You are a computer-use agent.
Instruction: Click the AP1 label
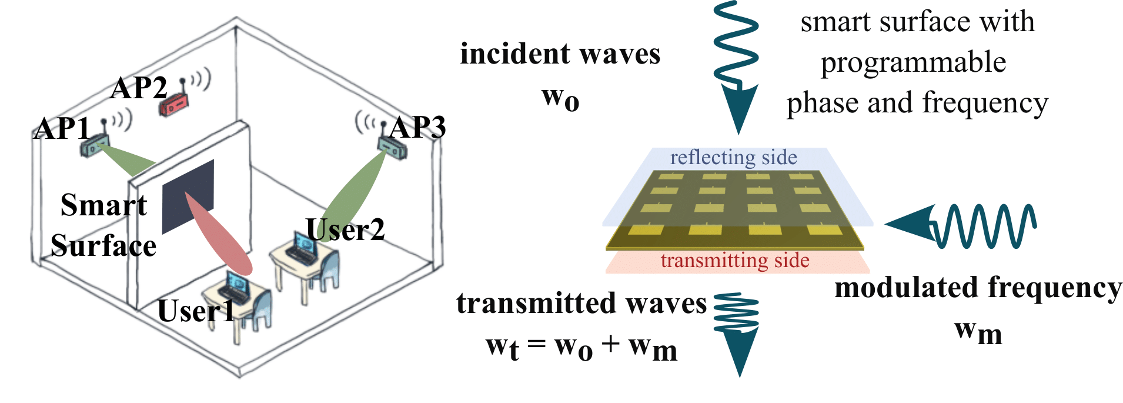[62, 128]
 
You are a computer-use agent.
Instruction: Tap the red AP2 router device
[173, 106]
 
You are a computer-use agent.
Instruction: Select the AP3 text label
[418, 128]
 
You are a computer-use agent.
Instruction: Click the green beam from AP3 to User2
[356, 191]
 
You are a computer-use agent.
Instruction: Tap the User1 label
[196, 311]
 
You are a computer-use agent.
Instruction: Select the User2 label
[346, 229]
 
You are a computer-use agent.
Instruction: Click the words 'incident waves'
[560, 54]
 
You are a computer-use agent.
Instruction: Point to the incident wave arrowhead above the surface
[738, 109]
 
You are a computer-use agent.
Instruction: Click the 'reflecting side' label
[733, 158]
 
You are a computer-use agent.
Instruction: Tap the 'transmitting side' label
[734, 261]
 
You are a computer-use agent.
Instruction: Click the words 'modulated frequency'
[978, 288]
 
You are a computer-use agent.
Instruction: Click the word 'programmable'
[913, 62]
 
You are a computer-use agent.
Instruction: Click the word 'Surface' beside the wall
[103, 246]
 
